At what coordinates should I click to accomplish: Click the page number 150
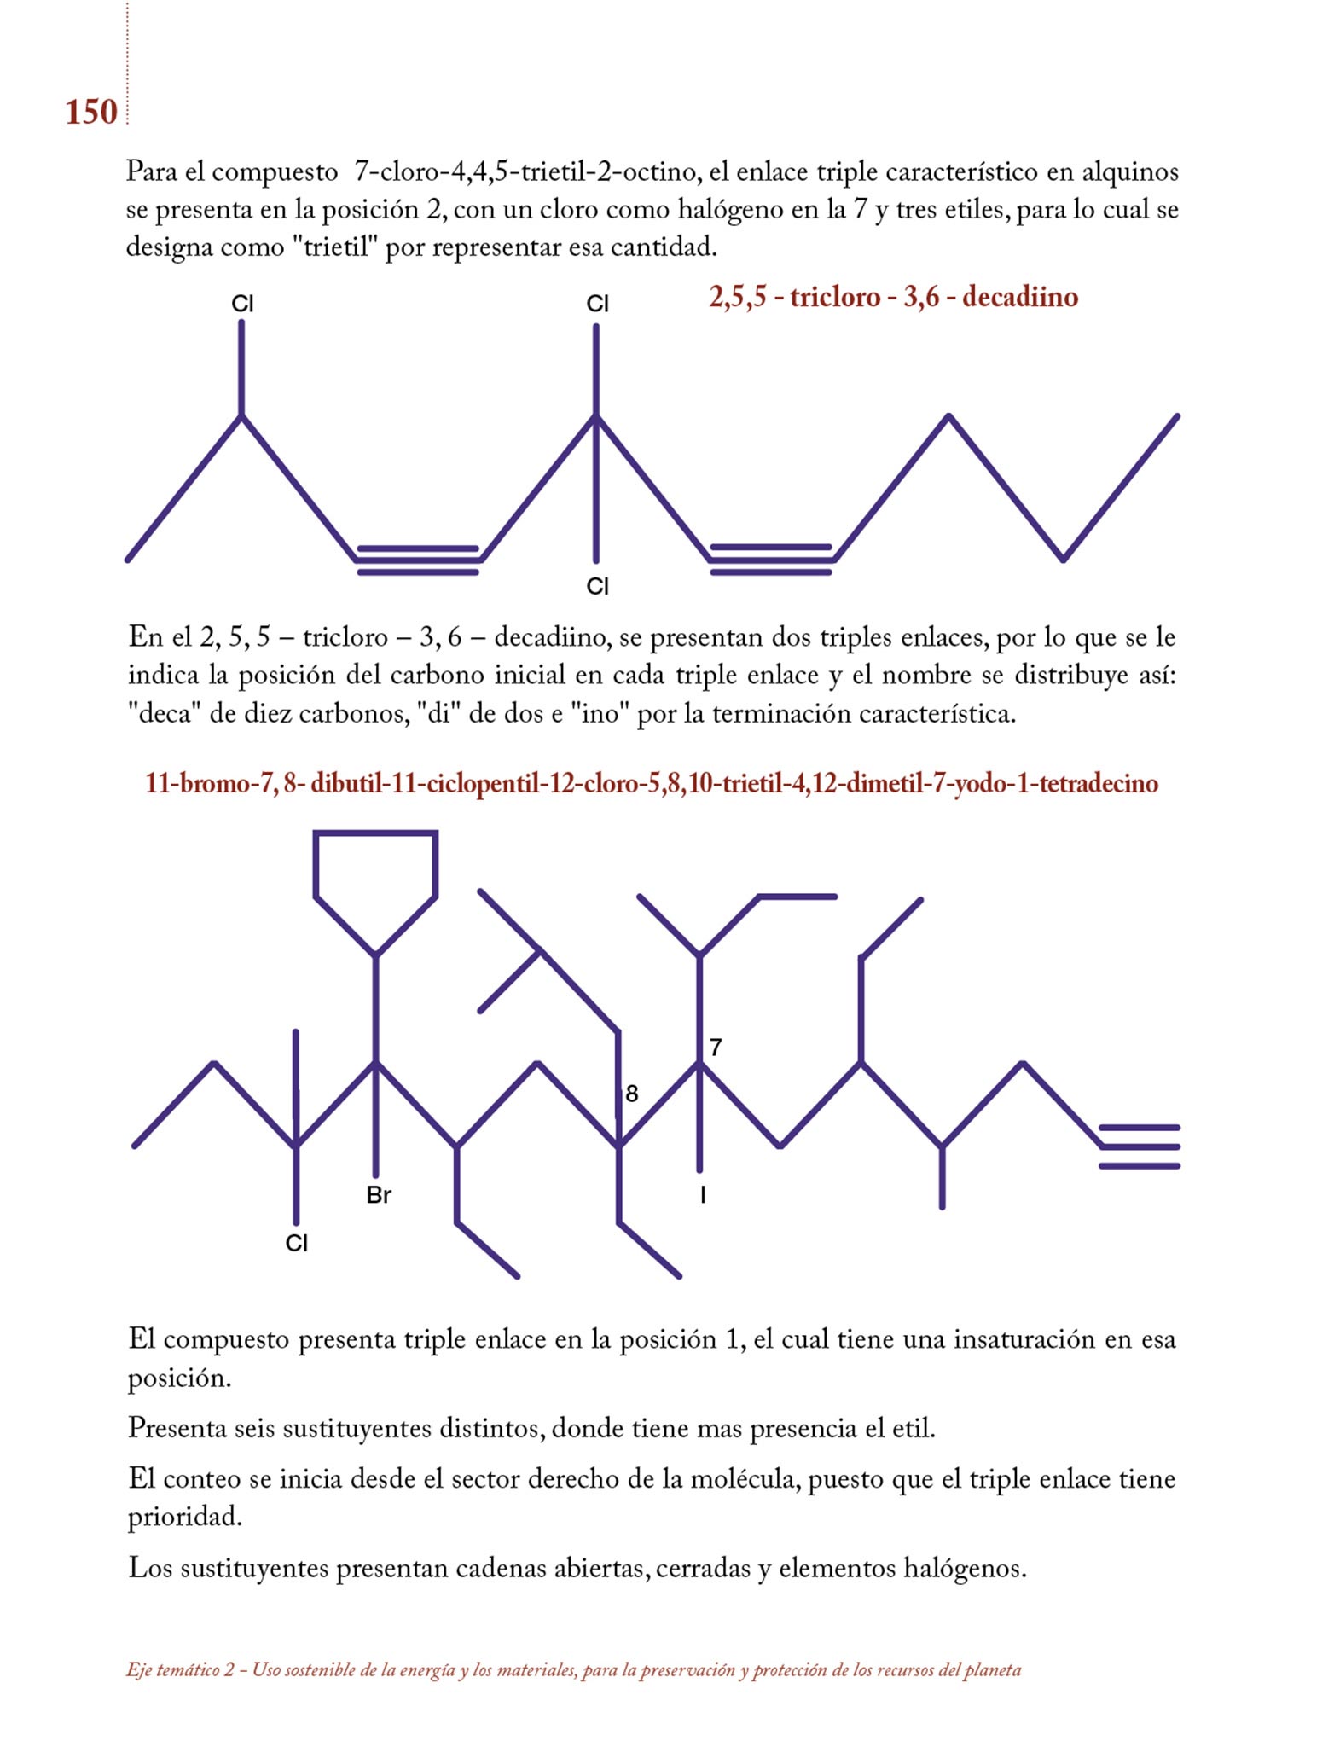[90, 113]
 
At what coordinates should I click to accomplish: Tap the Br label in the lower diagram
[379, 1195]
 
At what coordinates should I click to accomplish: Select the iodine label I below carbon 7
[702, 1195]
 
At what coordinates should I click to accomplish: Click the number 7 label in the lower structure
[716, 1047]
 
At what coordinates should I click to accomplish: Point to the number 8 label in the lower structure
[631, 1094]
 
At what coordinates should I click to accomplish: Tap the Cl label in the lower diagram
[296, 1244]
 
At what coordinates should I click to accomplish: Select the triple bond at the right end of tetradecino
[1140, 1147]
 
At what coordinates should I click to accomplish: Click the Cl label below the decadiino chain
[597, 587]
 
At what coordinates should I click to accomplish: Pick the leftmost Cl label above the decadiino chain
[242, 304]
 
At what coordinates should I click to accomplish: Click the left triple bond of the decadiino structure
[418, 560]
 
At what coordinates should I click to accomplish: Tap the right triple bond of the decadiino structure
[771, 560]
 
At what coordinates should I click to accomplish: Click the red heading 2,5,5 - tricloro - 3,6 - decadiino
[893, 297]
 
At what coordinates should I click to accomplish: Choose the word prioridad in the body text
[184, 1517]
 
